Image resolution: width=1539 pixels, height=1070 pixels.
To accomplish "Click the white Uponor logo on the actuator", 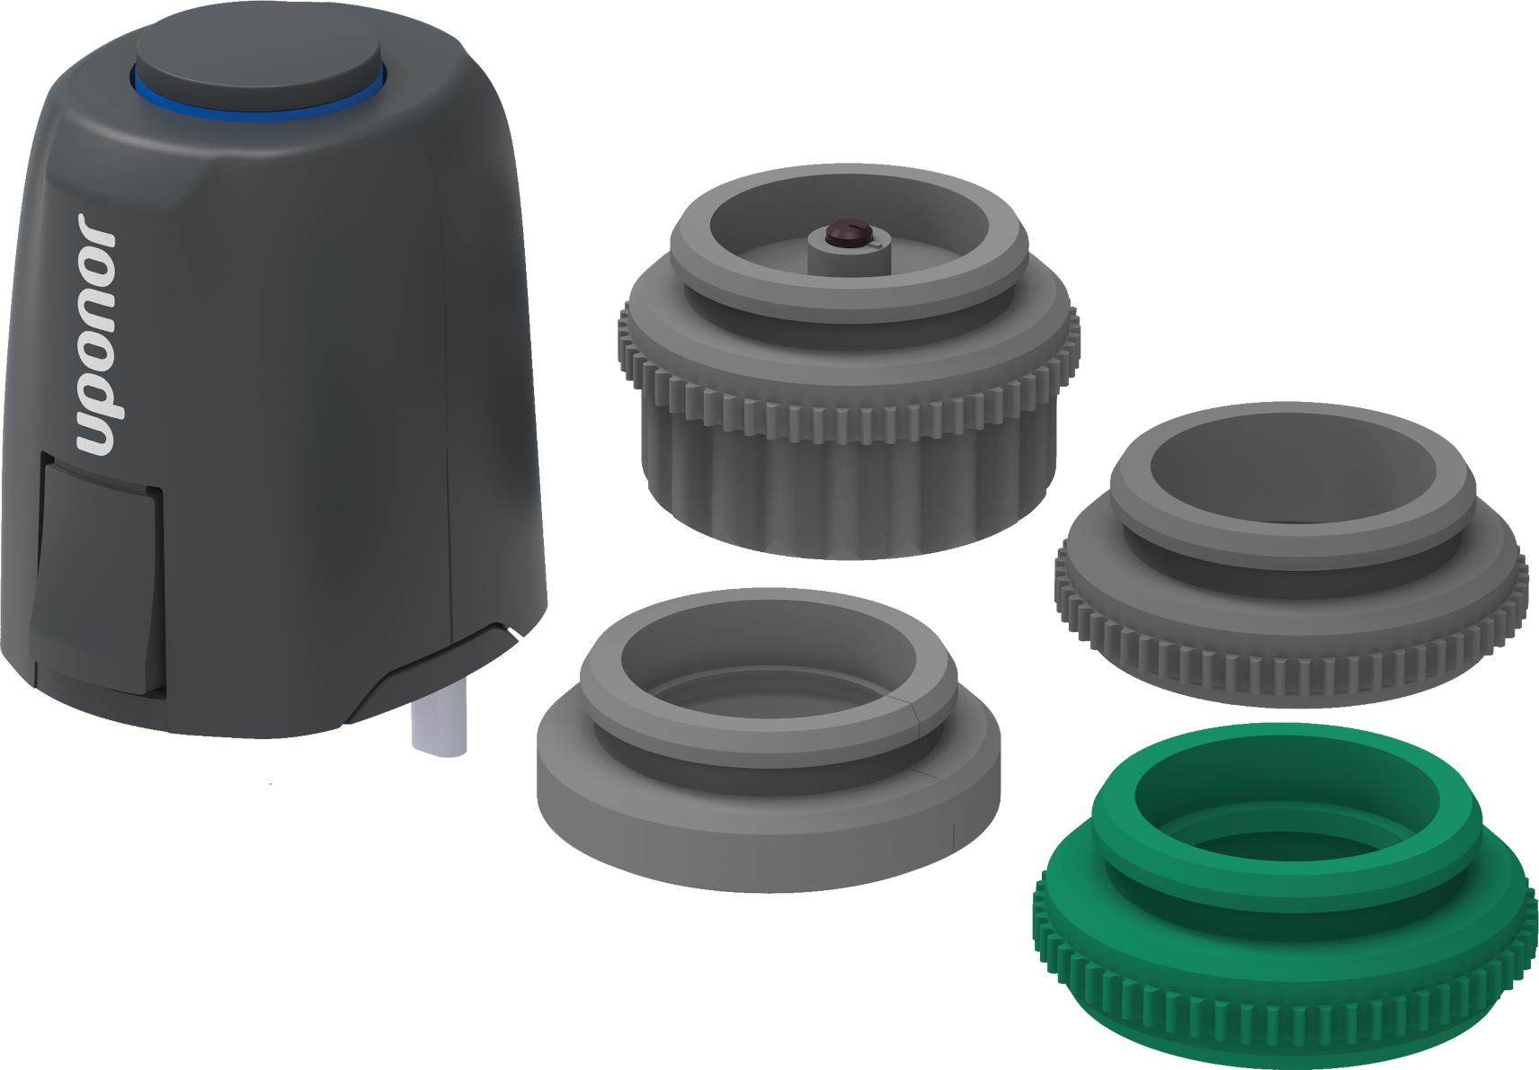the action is pos(97,334).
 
